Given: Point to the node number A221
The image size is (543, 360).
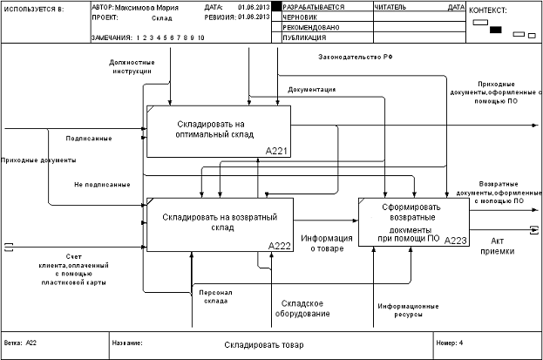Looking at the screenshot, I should (x=277, y=151).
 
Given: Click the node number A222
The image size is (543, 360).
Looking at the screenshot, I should (x=280, y=245).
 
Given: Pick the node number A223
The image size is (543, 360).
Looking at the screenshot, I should (x=455, y=240).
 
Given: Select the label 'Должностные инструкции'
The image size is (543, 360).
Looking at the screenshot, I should (x=132, y=67).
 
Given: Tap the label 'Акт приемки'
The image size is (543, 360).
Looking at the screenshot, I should (x=497, y=245).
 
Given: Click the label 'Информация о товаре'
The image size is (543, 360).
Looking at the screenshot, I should (x=327, y=242).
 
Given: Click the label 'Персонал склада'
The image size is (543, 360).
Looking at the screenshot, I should (x=214, y=296).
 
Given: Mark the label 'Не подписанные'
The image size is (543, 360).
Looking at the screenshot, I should (x=102, y=184).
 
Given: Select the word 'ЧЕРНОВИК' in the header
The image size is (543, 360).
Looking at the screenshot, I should (x=301, y=17).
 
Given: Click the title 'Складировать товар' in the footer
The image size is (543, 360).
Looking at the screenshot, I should (x=264, y=345).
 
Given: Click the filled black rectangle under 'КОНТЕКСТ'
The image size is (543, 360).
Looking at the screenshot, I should (x=496, y=30).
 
